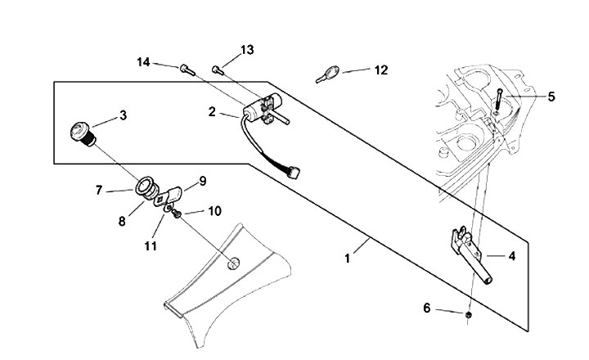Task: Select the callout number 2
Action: [x=212, y=112]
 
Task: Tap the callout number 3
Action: [x=123, y=115]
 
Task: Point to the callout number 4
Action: [x=511, y=255]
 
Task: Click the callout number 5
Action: [x=551, y=97]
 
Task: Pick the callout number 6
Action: [x=426, y=308]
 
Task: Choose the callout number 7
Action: [x=99, y=190]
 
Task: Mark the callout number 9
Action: [x=202, y=179]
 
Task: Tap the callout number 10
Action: [x=214, y=210]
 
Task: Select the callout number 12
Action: [x=381, y=70]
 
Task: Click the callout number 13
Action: [x=246, y=51]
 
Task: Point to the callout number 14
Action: [x=143, y=62]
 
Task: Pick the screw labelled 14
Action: [x=186, y=69]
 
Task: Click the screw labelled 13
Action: [x=217, y=69]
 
